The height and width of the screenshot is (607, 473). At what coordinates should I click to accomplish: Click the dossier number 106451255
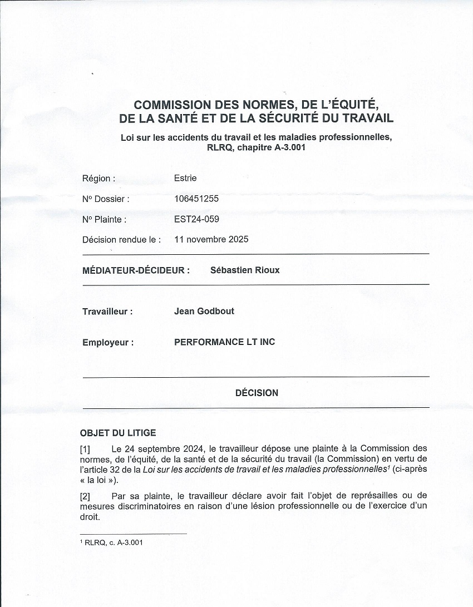(196, 199)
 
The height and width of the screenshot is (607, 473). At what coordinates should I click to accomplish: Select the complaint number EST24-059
(196, 219)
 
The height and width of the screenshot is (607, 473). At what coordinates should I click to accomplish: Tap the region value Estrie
(185, 179)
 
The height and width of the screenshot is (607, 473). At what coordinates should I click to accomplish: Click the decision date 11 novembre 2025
(211, 240)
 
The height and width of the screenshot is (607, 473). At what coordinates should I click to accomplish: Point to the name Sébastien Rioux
(245, 270)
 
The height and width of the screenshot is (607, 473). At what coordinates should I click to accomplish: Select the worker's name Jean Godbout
(204, 312)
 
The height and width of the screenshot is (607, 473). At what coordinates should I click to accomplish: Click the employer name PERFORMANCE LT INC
(224, 342)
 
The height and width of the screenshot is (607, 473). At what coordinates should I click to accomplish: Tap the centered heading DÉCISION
(257, 393)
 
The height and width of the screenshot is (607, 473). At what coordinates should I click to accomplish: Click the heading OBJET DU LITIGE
(118, 433)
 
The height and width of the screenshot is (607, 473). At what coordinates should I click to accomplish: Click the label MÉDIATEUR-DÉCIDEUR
(136, 270)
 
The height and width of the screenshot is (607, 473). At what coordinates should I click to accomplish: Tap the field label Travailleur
(107, 312)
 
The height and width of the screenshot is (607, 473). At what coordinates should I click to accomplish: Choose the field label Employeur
(108, 343)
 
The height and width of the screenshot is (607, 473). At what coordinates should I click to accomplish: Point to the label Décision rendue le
(121, 240)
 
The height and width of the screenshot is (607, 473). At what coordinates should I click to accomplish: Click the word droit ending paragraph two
(90, 516)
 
